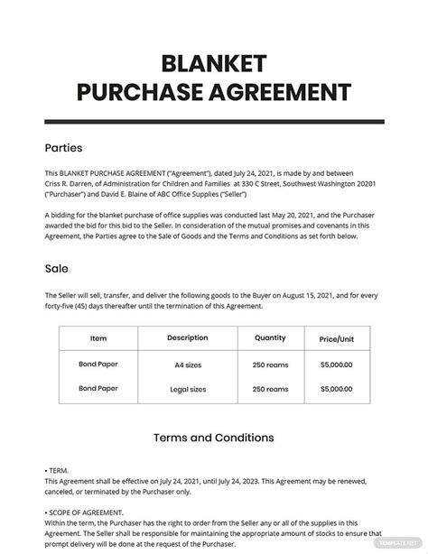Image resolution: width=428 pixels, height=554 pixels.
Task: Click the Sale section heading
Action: coord(55,268)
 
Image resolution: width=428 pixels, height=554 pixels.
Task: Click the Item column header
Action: coord(98,337)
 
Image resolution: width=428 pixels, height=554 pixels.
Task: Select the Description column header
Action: coord(187,337)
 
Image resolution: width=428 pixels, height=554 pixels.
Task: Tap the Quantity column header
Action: coord(270,337)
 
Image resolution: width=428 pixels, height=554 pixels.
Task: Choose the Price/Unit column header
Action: coord(336,338)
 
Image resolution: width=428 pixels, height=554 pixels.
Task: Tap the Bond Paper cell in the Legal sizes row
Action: coord(98,388)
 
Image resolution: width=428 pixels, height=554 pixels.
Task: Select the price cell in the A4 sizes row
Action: coord(336,365)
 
